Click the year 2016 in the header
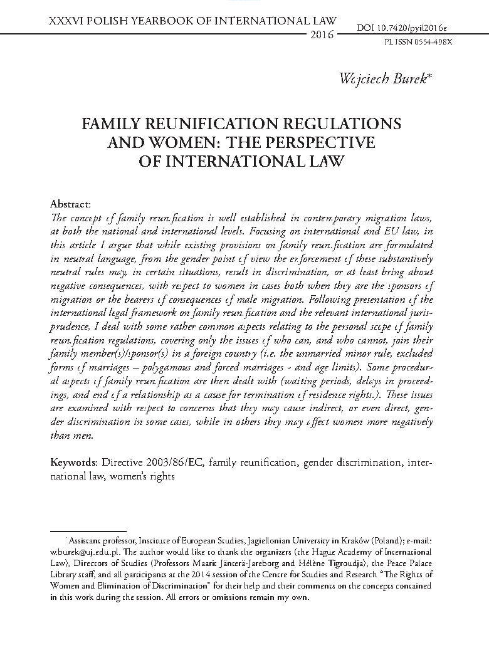click(x=322, y=33)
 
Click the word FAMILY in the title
click(x=121, y=123)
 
